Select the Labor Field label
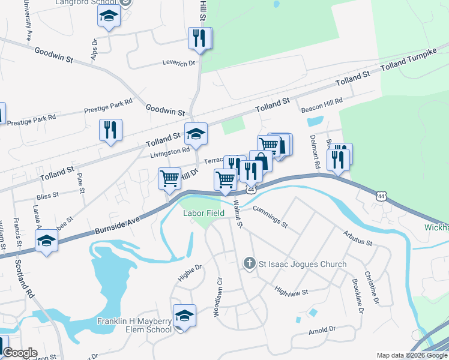point(204,213)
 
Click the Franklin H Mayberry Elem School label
point(134,325)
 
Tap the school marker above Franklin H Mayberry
point(185,316)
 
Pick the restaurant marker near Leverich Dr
point(199,38)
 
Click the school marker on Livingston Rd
point(196,134)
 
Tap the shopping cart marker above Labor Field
point(226,179)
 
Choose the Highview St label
point(291,292)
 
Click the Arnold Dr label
point(322,330)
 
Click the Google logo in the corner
point(20,353)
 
